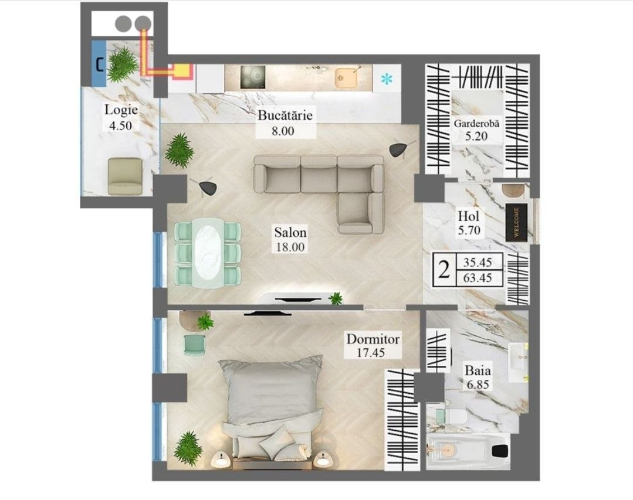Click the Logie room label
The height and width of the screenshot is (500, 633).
tap(121, 110)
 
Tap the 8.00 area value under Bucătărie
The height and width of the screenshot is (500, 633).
tap(283, 131)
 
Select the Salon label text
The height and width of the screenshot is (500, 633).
tap(290, 232)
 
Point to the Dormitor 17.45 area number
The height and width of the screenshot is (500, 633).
tap(371, 353)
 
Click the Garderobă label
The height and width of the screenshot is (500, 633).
tap(476, 123)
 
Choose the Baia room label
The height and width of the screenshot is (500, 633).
tap(478, 370)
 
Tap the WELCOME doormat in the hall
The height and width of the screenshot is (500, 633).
tap(516, 222)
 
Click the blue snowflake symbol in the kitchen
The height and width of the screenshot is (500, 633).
tap(387, 80)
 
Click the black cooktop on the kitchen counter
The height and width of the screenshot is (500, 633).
tap(253, 77)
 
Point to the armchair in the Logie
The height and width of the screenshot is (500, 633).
tap(125, 176)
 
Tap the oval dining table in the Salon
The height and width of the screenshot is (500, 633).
tap(208, 253)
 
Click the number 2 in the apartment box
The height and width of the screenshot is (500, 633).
tap(444, 270)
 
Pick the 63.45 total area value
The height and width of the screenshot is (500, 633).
tap(478, 278)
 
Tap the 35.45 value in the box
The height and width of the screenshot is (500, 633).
tap(478, 263)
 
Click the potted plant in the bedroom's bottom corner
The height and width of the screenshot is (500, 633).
tap(187, 445)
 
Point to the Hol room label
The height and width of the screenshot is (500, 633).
tap(469, 216)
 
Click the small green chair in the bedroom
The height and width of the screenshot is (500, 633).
tap(195, 345)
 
